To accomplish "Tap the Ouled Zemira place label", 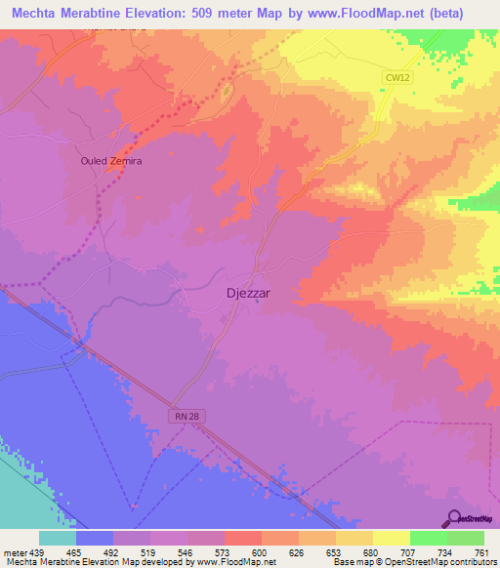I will point(111,162).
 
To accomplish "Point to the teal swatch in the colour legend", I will point(58,537).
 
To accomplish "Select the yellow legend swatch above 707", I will point(391,537).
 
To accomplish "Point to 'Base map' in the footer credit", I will point(350,561).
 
